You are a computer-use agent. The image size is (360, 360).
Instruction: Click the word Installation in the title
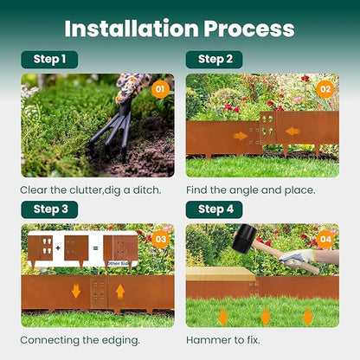[131, 28]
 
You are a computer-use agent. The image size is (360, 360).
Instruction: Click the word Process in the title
[249, 28]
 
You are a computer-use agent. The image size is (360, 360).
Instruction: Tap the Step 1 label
[49, 60]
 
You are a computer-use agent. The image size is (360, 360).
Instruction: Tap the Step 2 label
[214, 60]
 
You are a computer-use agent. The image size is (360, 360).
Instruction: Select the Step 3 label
[49, 209]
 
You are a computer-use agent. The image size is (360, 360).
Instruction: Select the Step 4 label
[214, 209]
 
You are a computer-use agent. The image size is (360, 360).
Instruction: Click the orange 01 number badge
[159, 88]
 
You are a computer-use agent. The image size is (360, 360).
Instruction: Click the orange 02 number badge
[325, 88]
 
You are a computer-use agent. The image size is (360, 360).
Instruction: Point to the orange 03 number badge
[159, 238]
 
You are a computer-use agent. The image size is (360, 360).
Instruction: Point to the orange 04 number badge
[325, 238]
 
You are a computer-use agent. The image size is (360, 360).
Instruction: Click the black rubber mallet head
[245, 235]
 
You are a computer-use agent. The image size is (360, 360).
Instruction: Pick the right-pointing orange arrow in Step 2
[241, 135]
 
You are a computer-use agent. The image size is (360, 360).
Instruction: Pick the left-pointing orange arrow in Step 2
[292, 132]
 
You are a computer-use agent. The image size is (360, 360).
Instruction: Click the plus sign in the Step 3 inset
[56, 247]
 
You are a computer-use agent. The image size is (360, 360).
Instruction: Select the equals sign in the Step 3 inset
[96, 247]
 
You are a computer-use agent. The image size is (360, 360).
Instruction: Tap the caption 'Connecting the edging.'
[80, 339]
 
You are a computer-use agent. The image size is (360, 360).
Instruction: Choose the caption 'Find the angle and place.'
[252, 189]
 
